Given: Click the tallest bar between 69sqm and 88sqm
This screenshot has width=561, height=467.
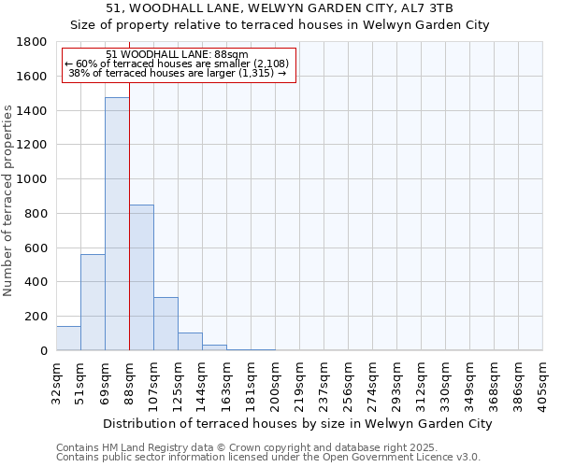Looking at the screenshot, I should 117,224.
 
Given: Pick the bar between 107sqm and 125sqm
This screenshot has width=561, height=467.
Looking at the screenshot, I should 165,323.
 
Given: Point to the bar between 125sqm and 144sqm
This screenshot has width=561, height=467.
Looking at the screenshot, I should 190,341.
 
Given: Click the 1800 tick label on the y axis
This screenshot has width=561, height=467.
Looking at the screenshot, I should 33,42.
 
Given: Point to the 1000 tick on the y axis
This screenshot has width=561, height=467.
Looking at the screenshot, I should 33,179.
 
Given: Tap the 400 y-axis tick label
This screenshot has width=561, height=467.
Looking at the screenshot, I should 36,282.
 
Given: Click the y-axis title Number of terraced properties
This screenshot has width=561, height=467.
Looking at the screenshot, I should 9,200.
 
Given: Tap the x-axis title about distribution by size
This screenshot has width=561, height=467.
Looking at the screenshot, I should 298,423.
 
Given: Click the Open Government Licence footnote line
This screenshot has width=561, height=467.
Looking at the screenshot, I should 268,458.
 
